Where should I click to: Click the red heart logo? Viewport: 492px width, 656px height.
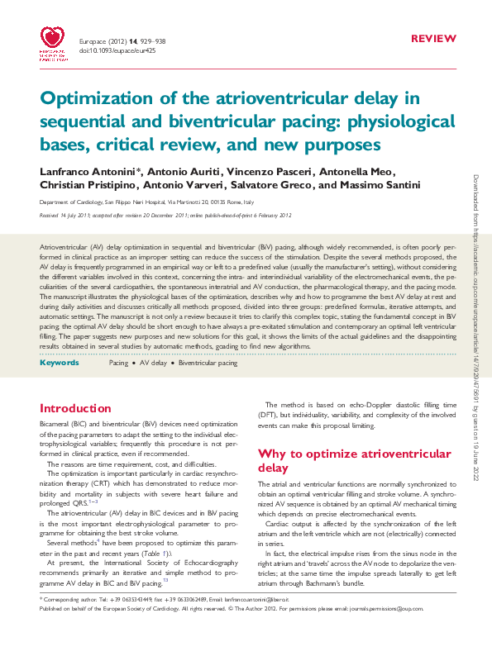click(x=54, y=40)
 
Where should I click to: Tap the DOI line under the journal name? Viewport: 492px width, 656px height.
click(x=117, y=50)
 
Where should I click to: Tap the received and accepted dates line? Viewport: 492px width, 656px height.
click(x=165, y=215)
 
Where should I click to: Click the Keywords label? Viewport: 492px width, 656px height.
click(x=59, y=363)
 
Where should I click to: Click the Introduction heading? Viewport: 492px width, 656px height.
click(x=75, y=408)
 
